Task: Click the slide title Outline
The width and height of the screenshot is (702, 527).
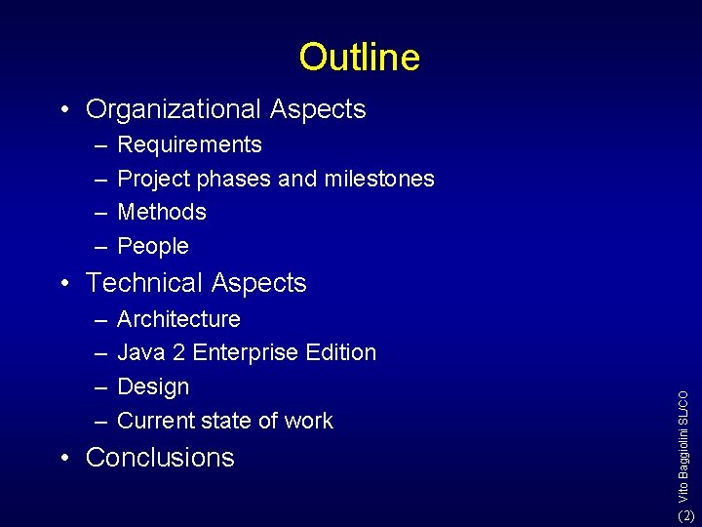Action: pos(359,57)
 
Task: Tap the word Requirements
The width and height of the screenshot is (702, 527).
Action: pos(189,145)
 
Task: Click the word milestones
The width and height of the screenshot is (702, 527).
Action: pos(379,179)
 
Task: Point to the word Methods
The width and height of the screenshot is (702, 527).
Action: pos(162,212)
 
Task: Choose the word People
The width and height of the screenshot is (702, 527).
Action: pos(153,246)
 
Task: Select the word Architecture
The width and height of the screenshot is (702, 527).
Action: pos(178,319)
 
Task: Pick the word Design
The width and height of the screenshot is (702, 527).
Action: pos(153,386)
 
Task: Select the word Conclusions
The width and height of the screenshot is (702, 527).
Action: pos(160,458)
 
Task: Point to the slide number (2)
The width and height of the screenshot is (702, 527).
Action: pos(686,515)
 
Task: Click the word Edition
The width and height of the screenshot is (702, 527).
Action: pos(342,352)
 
